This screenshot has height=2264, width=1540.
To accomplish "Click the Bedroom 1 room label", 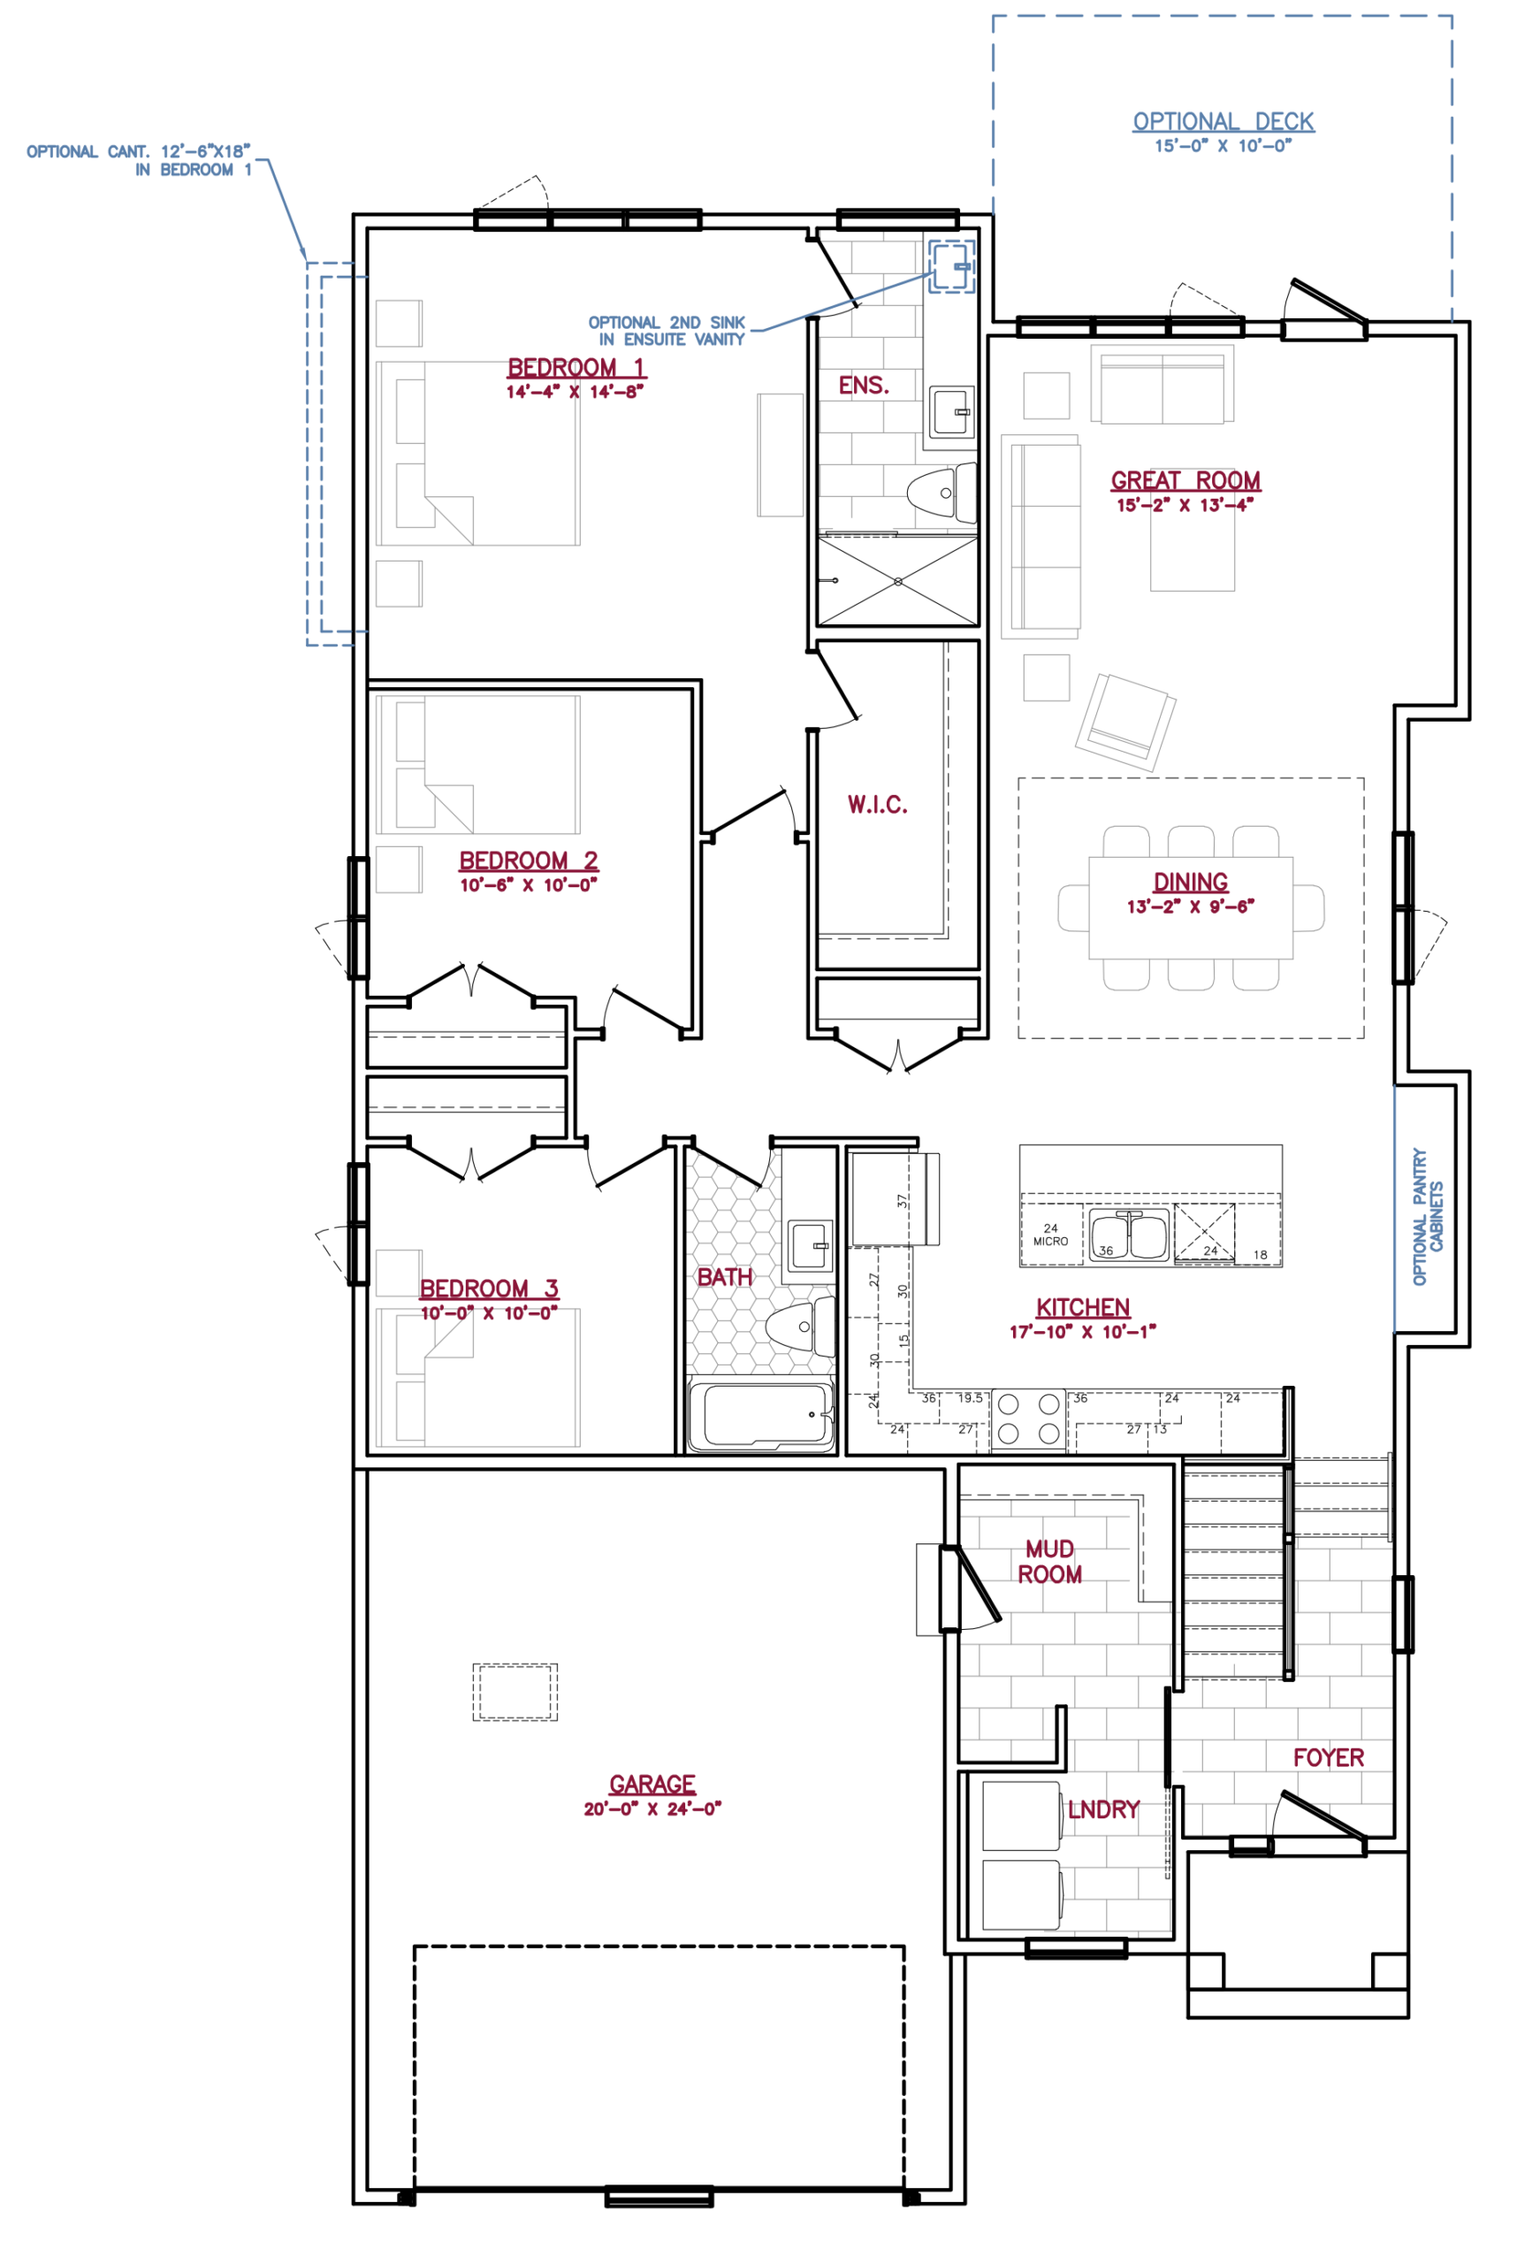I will click(x=576, y=368).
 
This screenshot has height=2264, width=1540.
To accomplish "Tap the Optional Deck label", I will click(x=1224, y=122).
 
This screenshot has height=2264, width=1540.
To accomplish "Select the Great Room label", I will click(x=1185, y=480).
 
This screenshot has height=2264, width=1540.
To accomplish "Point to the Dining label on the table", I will click(x=1190, y=883).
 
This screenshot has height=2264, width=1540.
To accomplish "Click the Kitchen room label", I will click(x=1082, y=1307).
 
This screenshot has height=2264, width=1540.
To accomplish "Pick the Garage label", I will click(x=652, y=1784).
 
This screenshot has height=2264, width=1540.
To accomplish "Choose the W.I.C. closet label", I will click(x=878, y=805).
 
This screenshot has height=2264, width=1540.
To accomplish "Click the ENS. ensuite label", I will click(x=864, y=386).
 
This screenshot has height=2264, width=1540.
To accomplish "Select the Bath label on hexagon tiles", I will click(x=724, y=1277).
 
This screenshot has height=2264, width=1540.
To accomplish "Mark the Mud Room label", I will click(x=1050, y=1562).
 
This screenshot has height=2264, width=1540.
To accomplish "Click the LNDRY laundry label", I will click(x=1103, y=1810).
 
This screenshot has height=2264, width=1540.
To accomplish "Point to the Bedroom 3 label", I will click(x=489, y=1289).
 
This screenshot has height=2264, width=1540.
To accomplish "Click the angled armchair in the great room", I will click(x=1125, y=722).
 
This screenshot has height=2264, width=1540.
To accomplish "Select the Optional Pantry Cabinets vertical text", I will click(x=1428, y=1216).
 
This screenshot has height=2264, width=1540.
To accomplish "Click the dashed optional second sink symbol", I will click(x=950, y=266).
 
